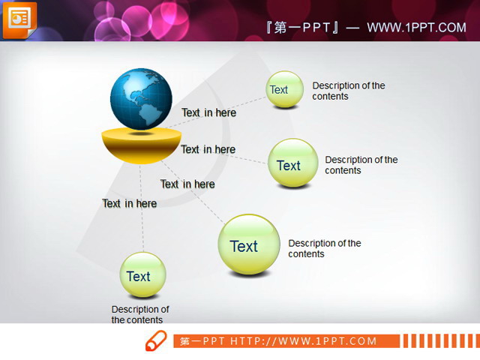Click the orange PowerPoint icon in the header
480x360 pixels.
(19, 19)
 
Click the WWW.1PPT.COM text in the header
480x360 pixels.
(416, 28)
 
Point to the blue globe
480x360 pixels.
(141, 99)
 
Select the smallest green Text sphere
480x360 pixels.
(284, 90)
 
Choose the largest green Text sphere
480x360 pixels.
(248, 244)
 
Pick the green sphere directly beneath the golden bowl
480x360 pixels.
(142, 275)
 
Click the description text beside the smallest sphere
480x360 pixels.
(348, 91)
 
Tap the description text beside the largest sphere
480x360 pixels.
(324, 248)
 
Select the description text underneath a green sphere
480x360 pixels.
(139, 314)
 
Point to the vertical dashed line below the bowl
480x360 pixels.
(142, 225)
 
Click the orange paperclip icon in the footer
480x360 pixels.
(155, 340)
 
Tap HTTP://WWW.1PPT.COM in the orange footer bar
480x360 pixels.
(303, 341)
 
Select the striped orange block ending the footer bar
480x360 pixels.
(438, 341)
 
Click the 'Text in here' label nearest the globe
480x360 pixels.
(208, 112)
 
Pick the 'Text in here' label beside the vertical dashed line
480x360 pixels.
(129, 203)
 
